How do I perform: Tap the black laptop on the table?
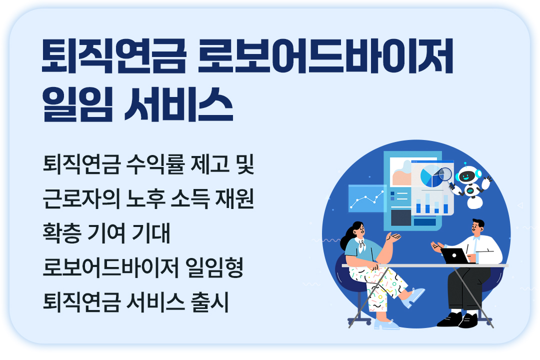pos(454,255)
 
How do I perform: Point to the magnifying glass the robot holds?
pos(445,173)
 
